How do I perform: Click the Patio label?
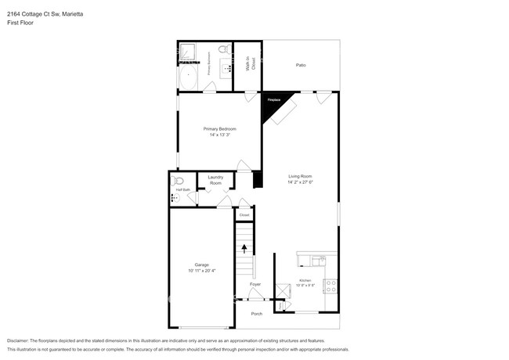tap(301, 65)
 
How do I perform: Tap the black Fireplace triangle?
tap(274, 104)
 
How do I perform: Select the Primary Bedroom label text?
tap(219, 128)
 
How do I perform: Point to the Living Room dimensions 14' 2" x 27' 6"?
tap(301, 182)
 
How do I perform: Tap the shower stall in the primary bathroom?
tap(188, 52)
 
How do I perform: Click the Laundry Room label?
tap(215, 180)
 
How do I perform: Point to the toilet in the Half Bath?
tap(175, 183)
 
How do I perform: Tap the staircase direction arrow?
tap(244, 249)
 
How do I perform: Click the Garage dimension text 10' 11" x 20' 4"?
tap(200, 271)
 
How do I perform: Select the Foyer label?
tap(255, 284)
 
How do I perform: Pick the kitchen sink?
tap(317, 258)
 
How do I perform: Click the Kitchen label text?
tap(305, 280)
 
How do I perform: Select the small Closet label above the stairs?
tap(244, 214)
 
